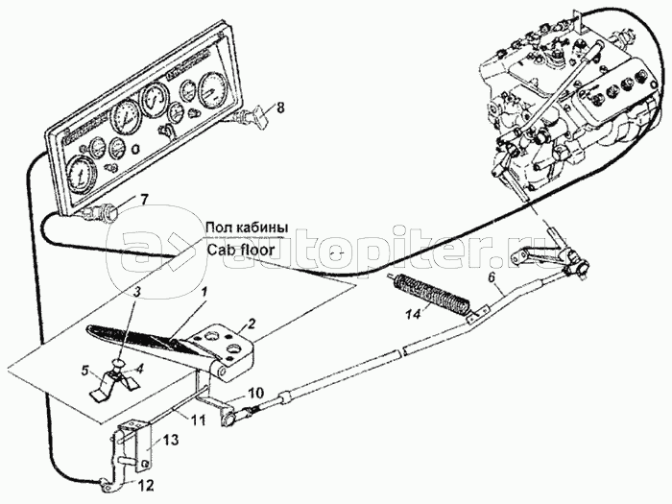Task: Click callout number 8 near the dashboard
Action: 279,108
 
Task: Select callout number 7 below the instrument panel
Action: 143,200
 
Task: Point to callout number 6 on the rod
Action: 492,277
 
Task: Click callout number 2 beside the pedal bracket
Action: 252,324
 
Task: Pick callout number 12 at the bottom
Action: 145,486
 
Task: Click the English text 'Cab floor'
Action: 240,250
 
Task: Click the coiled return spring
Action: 432,295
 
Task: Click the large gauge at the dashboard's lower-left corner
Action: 81,176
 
